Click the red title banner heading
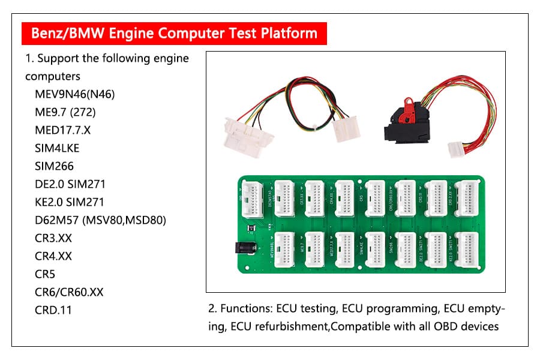[x=174, y=32]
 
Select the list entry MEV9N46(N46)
[x=75, y=94]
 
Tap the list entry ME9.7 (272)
[x=65, y=112]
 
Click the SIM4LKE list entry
[x=57, y=148]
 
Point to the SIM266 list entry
[x=55, y=166]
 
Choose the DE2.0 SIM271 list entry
[x=70, y=184]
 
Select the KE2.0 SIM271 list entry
[x=70, y=202]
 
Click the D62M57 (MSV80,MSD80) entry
[x=100, y=220]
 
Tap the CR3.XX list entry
[x=53, y=238]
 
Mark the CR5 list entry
[x=45, y=274]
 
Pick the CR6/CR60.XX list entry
[x=69, y=292]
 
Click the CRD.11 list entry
[x=53, y=310]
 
